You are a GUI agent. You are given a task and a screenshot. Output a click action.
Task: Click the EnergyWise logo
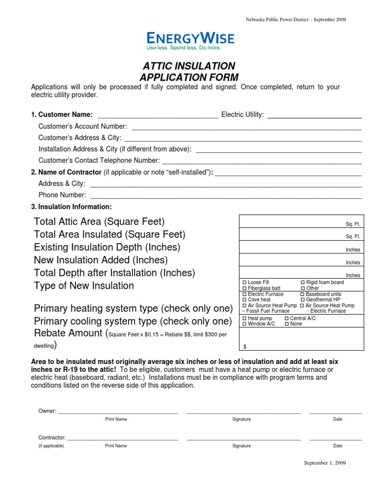(x=190, y=41)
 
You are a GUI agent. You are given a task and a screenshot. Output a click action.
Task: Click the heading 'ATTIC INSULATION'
(x=189, y=66)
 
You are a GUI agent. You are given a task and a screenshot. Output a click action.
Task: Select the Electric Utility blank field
(x=314, y=115)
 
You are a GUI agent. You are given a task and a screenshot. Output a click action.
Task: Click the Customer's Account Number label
(x=82, y=126)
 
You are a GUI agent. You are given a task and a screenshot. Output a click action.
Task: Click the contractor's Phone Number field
(x=226, y=196)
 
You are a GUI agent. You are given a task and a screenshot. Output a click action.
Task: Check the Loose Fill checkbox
(x=244, y=282)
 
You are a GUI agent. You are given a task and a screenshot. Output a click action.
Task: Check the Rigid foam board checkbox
(x=302, y=282)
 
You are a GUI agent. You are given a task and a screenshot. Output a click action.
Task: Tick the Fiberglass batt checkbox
(x=244, y=288)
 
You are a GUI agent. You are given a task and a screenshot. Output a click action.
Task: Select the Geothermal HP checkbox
(x=302, y=300)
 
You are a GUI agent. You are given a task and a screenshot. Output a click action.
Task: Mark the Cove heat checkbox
(x=244, y=300)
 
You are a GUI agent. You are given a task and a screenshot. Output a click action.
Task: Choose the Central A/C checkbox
(x=287, y=318)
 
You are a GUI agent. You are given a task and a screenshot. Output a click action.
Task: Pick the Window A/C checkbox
(x=244, y=324)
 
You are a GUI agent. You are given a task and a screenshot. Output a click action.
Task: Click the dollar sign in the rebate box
(x=245, y=347)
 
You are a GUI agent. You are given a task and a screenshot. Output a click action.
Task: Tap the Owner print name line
(x=117, y=411)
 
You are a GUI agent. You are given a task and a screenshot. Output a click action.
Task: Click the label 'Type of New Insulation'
(x=84, y=286)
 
